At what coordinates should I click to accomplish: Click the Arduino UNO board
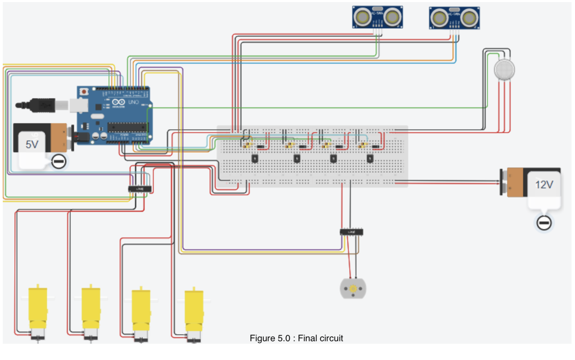[114, 116]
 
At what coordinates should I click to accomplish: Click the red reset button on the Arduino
[84, 92]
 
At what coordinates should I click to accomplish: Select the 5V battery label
[32, 144]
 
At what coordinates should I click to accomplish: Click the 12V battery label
[544, 185]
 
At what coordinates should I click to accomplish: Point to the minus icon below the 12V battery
[544, 223]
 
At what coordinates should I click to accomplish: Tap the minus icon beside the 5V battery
[59, 161]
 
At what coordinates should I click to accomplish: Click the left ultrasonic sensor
[377, 17]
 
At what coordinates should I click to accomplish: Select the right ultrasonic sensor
[454, 18]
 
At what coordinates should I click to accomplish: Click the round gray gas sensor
[504, 70]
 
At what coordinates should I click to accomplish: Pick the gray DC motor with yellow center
[353, 288]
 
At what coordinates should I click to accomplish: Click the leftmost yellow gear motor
[37, 312]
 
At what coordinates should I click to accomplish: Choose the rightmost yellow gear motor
[194, 313]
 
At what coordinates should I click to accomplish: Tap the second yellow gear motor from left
[91, 312]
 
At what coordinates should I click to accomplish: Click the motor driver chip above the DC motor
[352, 232]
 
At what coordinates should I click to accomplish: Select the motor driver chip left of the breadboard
[140, 189]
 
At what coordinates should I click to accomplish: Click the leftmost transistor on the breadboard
[255, 159]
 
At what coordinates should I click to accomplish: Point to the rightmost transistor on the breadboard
[370, 159]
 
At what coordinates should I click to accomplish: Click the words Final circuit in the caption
[320, 338]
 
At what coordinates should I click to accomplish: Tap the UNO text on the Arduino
[134, 102]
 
